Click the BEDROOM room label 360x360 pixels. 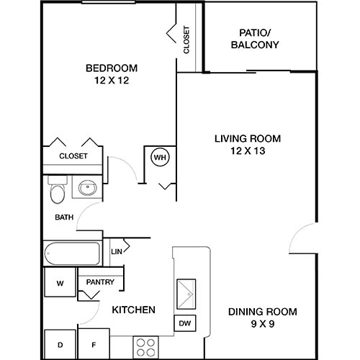click(112, 68)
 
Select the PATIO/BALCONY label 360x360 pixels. click(255, 38)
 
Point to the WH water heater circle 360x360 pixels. click(159, 156)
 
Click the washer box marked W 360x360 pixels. click(60, 283)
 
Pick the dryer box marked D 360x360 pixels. click(60, 345)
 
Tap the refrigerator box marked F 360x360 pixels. click(93, 345)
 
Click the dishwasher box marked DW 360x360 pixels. click(184, 324)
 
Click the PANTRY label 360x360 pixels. click(100, 282)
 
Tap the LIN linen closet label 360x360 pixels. click(117, 252)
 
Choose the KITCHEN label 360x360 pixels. click(134, 310)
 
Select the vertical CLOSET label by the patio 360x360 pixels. click(186, 41)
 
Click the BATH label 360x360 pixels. click(63, 217)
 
